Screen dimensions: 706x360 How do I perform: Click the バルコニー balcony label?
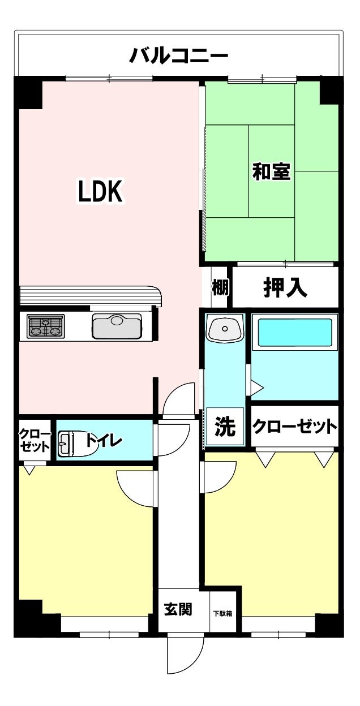179,56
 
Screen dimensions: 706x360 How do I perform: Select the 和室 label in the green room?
271,172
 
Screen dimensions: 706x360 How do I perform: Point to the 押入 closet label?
285,288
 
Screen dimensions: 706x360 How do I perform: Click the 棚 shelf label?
220,288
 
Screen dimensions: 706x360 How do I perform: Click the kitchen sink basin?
117,326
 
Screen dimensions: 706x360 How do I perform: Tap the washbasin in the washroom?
225,328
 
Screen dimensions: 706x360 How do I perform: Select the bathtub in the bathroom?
295,333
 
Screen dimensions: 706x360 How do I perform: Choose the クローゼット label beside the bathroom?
294,427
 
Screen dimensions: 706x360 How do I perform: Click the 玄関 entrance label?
178,609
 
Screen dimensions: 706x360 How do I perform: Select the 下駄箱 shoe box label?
222,613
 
